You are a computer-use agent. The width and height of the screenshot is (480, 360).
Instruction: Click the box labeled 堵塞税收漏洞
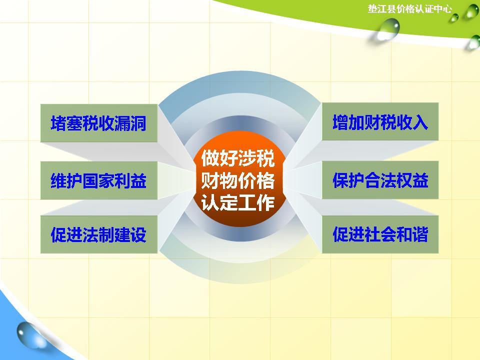[x=98, y=123]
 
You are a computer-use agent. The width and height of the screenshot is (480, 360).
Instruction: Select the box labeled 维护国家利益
[x=98, y=180]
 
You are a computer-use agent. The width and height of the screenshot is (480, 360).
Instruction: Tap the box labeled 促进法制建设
[x=98, y=234]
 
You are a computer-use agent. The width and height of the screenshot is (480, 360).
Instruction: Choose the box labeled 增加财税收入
[x=380, y=122]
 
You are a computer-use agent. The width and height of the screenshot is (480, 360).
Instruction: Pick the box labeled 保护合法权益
[x=380, y=180]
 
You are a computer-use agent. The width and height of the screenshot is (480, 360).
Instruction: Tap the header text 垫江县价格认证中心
[x=409, y=9]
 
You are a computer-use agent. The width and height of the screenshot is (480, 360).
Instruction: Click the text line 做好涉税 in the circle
[x=238, y=158]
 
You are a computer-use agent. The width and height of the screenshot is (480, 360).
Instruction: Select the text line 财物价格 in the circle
[x=238, y=180]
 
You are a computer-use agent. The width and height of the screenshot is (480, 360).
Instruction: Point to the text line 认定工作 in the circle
[x=238, y=203]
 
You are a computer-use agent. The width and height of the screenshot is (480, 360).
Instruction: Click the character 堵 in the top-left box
[x=58, y=123]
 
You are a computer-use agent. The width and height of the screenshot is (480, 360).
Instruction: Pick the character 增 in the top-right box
[x=341, y=122]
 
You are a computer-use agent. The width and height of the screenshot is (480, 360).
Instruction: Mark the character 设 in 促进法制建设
[x=138, y=234]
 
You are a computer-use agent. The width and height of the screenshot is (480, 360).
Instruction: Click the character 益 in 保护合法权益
[x=420, y=180]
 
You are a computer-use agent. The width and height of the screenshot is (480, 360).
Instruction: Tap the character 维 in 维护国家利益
[x=58, y=181]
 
